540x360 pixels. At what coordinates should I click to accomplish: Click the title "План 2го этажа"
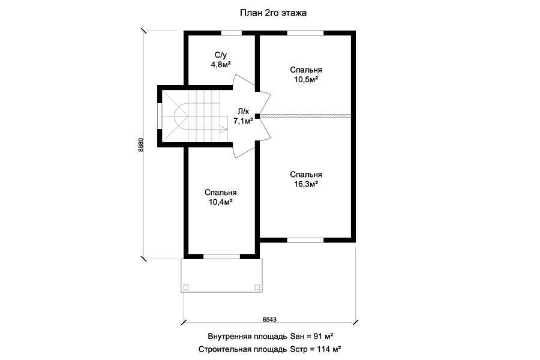(273, 13)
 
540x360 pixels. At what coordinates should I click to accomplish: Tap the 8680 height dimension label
(140, 145)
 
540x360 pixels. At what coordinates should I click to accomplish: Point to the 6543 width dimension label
(269, 319)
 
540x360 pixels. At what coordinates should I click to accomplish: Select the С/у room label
(221, 55)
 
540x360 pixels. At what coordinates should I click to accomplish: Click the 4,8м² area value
(221, 64)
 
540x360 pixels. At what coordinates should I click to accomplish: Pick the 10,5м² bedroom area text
(306, 79)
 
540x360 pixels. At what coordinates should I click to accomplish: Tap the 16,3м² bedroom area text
(306, 184)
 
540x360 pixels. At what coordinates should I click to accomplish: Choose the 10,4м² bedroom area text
(221, 202)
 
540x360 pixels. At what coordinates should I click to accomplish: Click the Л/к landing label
(243, 112)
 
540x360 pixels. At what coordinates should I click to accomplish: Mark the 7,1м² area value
(244, 121)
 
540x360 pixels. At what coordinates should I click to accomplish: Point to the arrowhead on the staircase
(224, 130)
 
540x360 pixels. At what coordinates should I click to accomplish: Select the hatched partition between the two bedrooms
(305, 116)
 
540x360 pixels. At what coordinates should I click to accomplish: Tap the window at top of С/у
(231, 33)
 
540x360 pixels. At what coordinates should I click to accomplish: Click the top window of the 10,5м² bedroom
(305, 33)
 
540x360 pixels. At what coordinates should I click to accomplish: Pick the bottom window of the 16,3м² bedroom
(305, 240)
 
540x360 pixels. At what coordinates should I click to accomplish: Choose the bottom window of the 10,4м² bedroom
(221, 257)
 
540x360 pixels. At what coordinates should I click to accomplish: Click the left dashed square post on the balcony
(185, 287)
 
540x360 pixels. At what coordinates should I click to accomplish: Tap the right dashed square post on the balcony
(257, 287)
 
